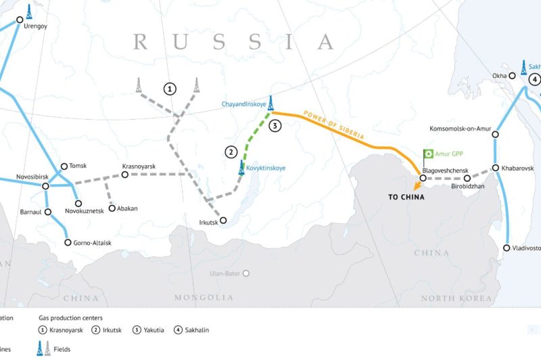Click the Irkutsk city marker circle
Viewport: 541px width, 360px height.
coord(225,220)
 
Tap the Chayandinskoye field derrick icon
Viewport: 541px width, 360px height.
coord(271,102)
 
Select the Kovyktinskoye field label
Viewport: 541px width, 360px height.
coord(266,167)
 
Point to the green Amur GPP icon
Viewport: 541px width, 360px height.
coord(427,154)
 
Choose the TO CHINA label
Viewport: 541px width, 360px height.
coord(406,197)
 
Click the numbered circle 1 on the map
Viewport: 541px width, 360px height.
coord(169,89)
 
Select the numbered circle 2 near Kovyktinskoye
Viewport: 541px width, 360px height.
coord(231,152)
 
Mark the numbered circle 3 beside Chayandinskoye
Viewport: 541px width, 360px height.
coord(274,126)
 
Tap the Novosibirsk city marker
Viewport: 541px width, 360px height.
coord(45,186)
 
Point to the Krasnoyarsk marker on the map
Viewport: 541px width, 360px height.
coord(124,175)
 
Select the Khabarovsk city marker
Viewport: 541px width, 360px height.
coord(496,168)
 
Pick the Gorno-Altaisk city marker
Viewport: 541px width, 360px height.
coord(68,242)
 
